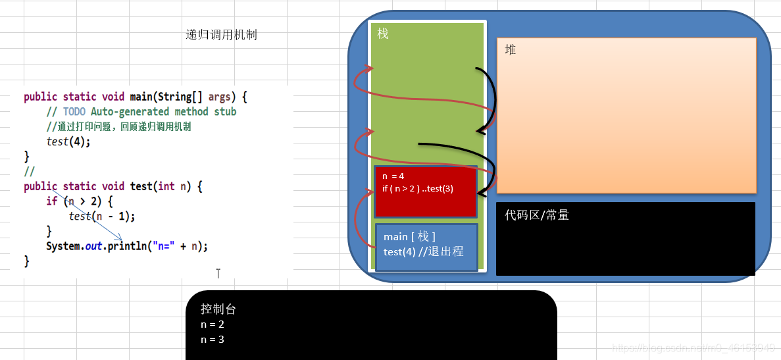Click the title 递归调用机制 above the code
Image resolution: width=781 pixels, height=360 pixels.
(x=221, y=35)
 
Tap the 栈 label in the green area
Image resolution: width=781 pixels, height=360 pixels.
(x=383, y=33)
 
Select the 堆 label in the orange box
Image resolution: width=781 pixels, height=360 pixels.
(x=511, y=49)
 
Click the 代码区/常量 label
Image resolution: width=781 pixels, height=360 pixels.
(x=537, y=215)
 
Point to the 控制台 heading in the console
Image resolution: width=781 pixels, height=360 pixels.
(x=218, y=309)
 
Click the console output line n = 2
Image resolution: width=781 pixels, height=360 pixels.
(x=213, y=324)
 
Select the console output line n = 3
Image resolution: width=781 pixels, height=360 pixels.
(x=213, y=340)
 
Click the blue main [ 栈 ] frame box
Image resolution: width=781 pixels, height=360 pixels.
(x=426, y=247)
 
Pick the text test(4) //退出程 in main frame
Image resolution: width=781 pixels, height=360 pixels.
(x=423, y=251)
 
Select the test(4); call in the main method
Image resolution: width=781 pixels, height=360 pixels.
(x=68, y=141)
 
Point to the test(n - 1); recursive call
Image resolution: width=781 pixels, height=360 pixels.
(x=106, y=216)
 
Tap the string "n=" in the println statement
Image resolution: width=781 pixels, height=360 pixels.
(x=163, y=247)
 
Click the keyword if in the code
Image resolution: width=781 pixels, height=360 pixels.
(x=51, y=201)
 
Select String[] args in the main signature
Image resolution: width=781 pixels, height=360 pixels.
(x=193, y=97)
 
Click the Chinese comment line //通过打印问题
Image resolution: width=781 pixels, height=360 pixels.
(x=118, y=127)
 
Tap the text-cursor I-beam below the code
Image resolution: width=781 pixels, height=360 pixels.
(x=218, y=273)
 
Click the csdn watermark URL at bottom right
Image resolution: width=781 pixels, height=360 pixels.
(x=693, y=347)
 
